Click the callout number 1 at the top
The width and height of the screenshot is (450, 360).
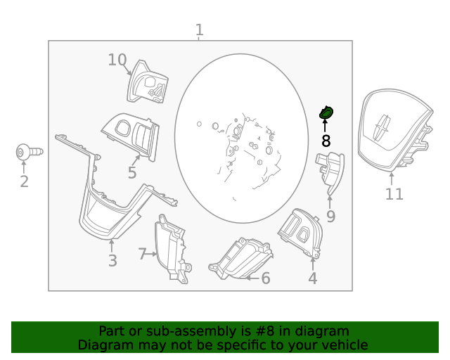click(x=200, y=30)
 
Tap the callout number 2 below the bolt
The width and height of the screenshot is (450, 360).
click(x=24, y=182)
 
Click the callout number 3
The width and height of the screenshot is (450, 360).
click(x=112, y=262)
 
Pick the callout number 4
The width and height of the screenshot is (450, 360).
click(x=312, y=278)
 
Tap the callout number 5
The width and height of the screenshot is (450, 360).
click(x=132, y=173)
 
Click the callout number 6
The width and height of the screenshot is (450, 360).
click(x=265, y=278)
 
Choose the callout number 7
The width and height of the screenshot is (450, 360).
click(x=142, y=254)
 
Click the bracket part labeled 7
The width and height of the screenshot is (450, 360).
click(x=172, y=250)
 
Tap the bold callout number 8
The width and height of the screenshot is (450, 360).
click(x=326, y=141)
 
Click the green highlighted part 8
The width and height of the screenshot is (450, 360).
click(x=326, y=112)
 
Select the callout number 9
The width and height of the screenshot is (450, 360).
click(x=330, y=216)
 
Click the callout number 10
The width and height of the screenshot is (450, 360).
click(x=117, y=60)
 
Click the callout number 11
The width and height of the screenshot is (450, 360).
click(x=394, y=194)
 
